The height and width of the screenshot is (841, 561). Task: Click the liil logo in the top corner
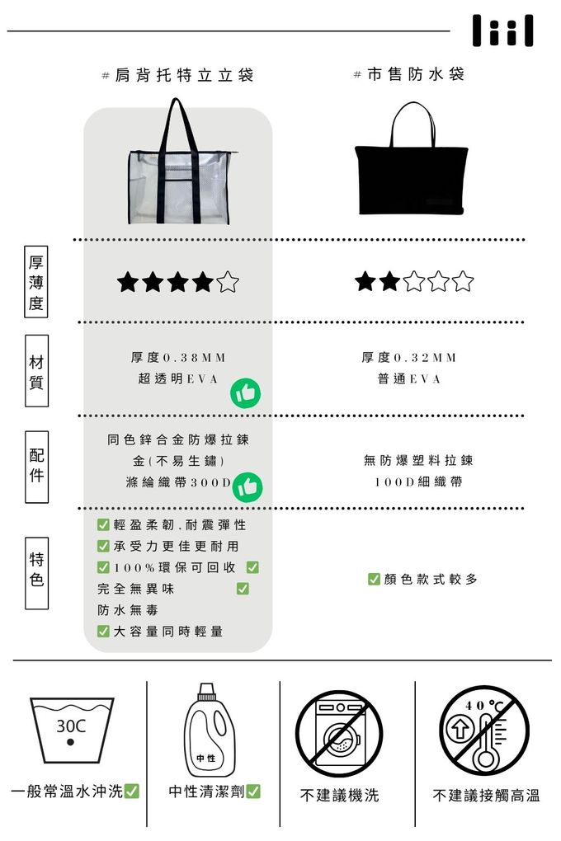pos(503,31)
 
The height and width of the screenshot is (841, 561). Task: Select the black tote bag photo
pos(411,159)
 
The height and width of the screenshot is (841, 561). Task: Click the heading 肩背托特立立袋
pos(184,75)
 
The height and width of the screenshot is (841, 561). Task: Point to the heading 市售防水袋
pos(416,74)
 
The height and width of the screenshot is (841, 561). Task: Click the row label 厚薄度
pos(36,282)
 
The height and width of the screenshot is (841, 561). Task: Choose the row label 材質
pos(36,371)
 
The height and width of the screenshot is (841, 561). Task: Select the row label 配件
pos(36,466)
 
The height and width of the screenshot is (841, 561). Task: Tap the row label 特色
pos(36,573)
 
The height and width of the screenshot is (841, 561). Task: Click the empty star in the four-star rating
pos(228,282)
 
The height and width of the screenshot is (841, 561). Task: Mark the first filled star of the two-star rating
pos(365,281)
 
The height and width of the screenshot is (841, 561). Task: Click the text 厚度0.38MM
pos(178,358)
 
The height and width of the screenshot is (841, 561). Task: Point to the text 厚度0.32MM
pos(409,358)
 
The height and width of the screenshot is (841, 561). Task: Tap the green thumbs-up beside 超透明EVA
pos(245,393)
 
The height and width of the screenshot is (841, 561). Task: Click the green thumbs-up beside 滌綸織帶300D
pos(247,487)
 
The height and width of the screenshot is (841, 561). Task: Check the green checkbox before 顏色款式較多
pos(374,579)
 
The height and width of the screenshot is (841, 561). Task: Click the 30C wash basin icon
pos(72,730)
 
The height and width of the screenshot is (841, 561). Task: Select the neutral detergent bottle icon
pos(210,730)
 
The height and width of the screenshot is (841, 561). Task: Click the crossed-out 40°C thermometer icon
pos(484,731)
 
